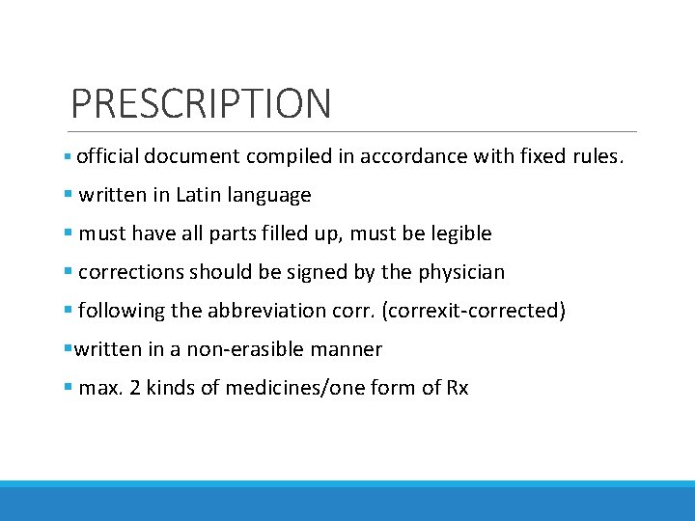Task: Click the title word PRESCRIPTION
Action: [201, 103]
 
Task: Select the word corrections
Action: [131, 272]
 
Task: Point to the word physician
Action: [461, 273]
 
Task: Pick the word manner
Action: [352, 349]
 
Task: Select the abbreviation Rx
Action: [457, 388]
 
